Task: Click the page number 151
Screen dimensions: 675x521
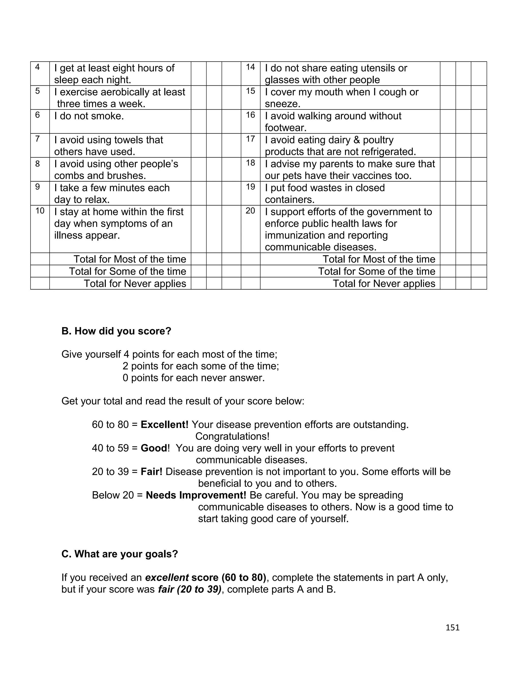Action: pyautogui.click(x=453, y=627)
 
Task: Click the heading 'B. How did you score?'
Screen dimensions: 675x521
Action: pyautogui.click(x=116, y=331)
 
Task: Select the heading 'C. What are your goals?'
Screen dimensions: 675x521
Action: pyautogui.click(x=120, y=554)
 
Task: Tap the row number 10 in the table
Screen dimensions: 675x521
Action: pyautogui.click(x=40, y=211)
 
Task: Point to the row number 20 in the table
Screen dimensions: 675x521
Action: pyautogui.click(x=250, y=211)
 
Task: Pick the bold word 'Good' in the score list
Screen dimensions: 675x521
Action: pyautogui.click(x=154, y=448)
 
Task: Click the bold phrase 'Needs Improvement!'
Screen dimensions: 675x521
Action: pyautogui.click(x=196, y=495)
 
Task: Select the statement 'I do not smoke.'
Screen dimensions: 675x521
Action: pyautogui.click(x=89, y=116)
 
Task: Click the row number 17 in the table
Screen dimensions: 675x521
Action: pyautogui.click(x=250, y=139)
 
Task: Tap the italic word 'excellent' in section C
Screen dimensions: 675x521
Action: pyautogui.click(x=167, y=577)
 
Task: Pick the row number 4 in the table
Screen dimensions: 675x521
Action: pyautogui.click(x=37, y=67)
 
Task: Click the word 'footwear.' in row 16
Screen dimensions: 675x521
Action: pyautogui.click(x=285, y=128)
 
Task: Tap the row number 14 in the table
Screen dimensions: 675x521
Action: pyautogui.click(x=250, y=67)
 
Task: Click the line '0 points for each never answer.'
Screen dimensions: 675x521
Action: pyautogui.click(x=194, y=378)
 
